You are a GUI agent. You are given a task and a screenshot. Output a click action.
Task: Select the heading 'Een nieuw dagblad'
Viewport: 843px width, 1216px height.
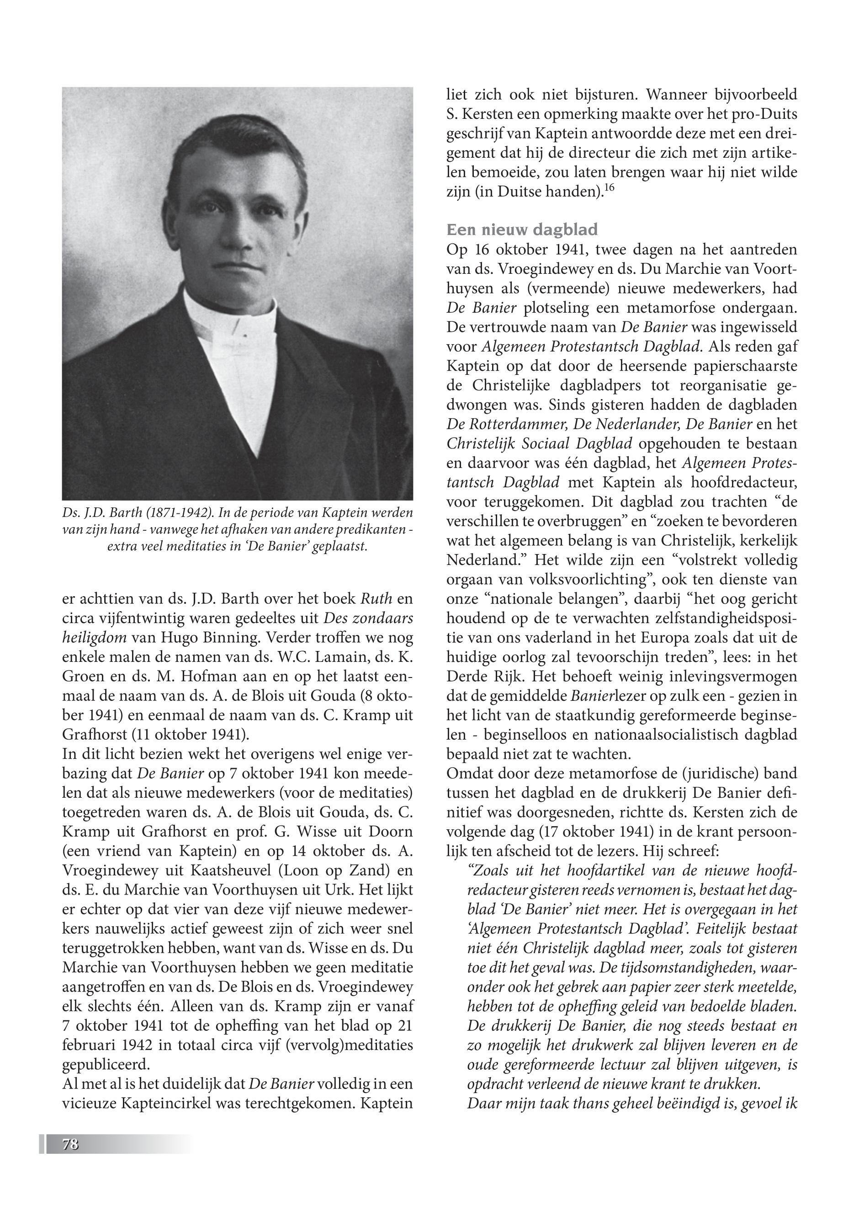(x=522, y=230)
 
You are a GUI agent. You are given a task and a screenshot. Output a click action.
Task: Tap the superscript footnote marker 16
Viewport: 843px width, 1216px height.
(x=609, y=187)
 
